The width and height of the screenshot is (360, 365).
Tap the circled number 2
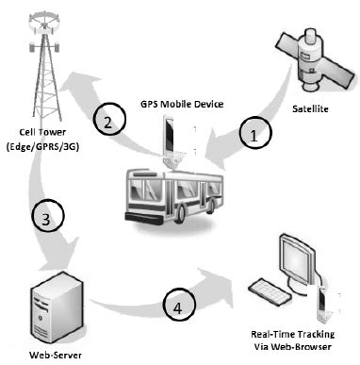point(109,122)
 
